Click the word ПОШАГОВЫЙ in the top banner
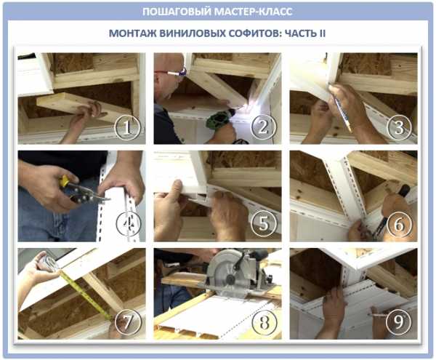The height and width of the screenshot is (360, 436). point(177,12)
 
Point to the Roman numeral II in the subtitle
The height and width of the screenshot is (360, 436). point(322,33)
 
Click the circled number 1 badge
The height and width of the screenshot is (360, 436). point(126,128)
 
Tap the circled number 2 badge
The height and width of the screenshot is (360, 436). point(263,127)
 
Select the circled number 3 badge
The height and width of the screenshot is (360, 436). point(399,127)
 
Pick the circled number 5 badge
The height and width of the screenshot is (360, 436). point(264,224)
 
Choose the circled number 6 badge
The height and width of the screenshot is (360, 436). point(399,224)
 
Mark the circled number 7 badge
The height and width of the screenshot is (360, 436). point(126,322)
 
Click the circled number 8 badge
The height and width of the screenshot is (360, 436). point(264,322)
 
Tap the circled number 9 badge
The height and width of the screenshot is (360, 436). point(399,322)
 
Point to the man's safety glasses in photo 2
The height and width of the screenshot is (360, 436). point(171,73)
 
